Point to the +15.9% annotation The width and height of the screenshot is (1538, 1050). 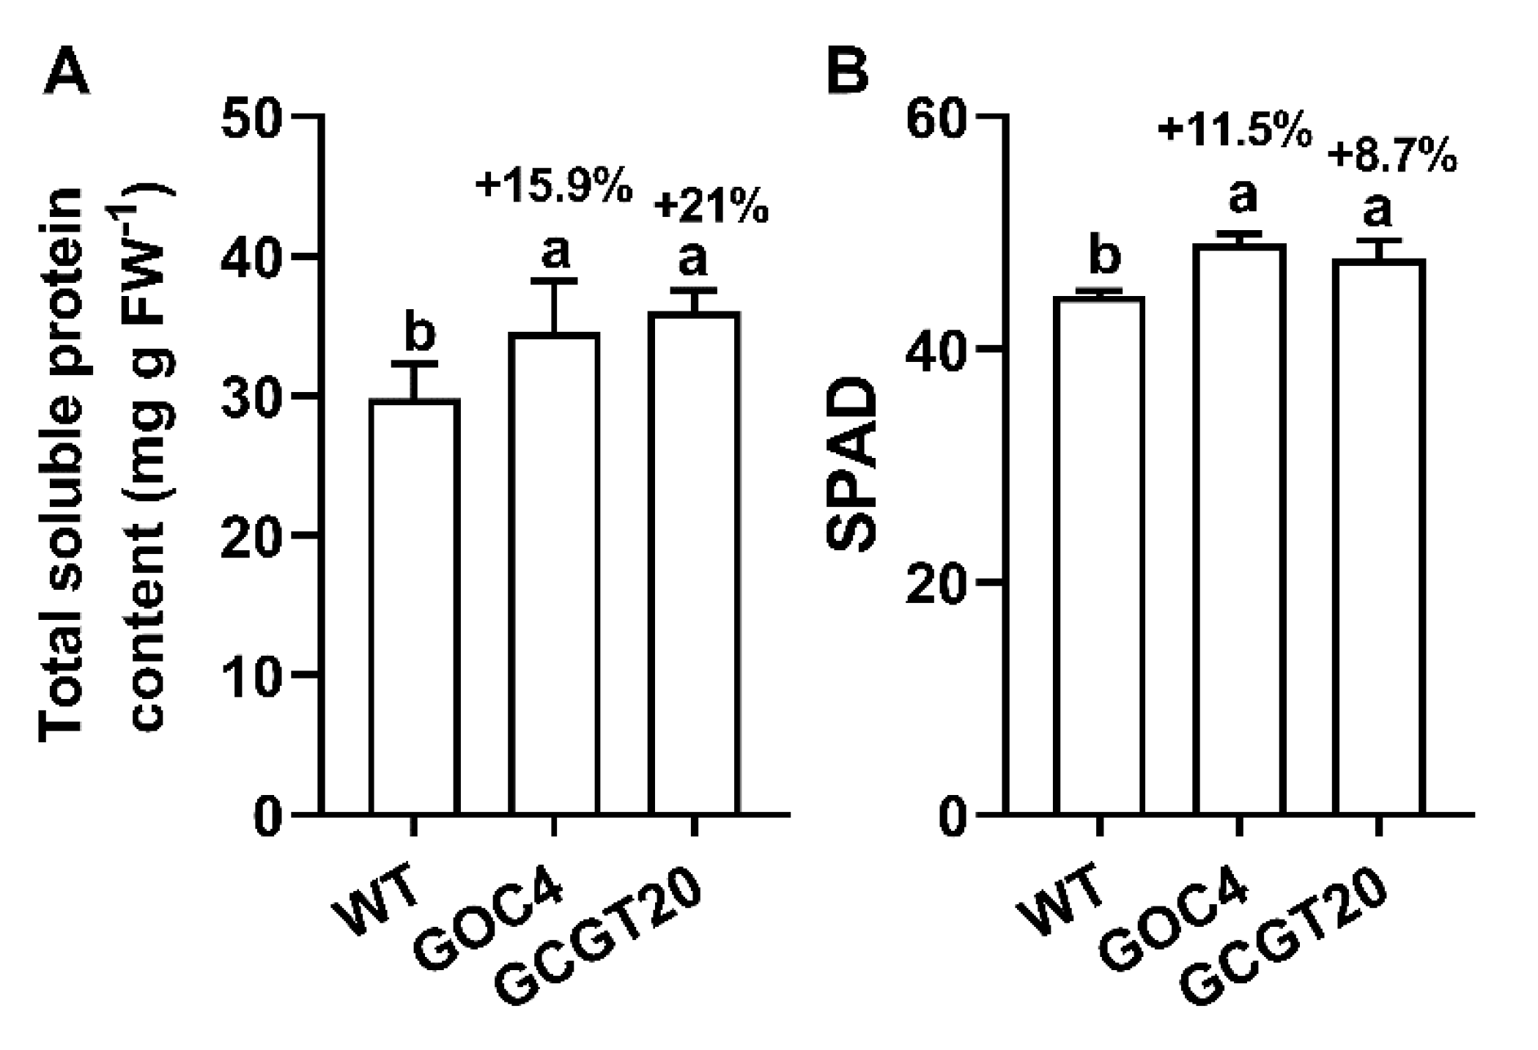point(554,187)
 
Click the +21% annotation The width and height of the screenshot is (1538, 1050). point(711,207)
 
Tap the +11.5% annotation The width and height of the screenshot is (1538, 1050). point(1234,132)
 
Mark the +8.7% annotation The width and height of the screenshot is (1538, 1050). point(1392,157)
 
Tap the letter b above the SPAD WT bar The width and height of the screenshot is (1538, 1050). point(1104,256)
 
